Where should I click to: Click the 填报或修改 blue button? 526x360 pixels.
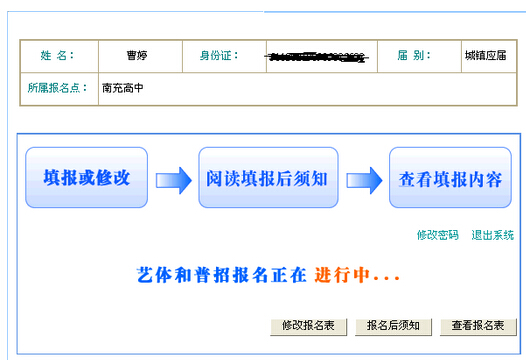[86, 178]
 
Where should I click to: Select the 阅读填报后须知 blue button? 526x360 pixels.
[262, 178]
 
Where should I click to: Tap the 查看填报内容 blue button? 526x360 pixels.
[450, 178]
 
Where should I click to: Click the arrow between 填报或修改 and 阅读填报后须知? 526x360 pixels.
[173, 180]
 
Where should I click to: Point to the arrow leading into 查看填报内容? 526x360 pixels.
[364, 180]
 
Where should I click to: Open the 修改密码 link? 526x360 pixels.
[437, 235]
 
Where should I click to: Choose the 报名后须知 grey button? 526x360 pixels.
[399, 326]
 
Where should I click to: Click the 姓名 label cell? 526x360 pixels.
[57, 56]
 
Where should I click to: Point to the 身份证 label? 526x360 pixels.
[220, 56]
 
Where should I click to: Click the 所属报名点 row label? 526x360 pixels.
[58, 87]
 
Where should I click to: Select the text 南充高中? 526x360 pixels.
[123, 87]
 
